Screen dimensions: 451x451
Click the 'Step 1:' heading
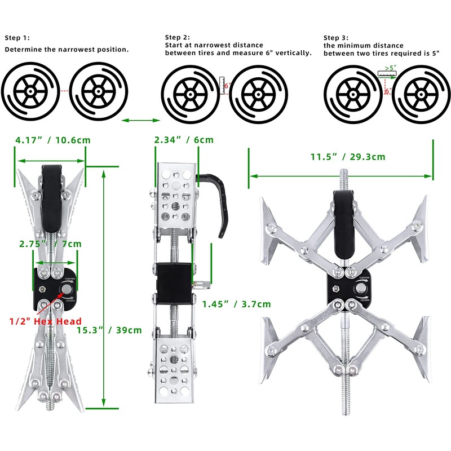coord(18,38)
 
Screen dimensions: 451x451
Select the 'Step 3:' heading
coord(337,37)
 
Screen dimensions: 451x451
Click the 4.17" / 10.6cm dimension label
coord(53,140)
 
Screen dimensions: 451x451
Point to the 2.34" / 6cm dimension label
coord(184,140)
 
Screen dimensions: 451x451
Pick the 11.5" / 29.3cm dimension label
coord(348,157)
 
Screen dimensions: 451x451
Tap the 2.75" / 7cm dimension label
coord(50,244)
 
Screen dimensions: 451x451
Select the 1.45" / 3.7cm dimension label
coord(236,304)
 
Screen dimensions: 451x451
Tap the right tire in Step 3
coord(419,90)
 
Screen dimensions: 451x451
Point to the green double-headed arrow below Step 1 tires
coord(141,120)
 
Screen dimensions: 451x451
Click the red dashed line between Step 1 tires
coord(65,91)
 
